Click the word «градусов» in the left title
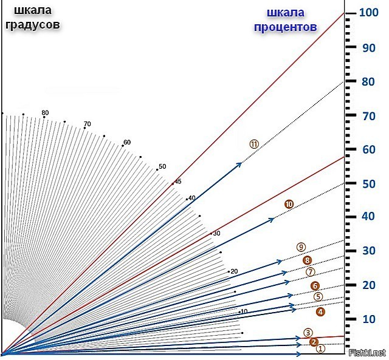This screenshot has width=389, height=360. point(32,25)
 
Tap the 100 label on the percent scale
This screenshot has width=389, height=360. point(369,12)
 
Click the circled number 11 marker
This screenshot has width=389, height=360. point(254,143)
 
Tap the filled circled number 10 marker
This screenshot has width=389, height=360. point(289,204)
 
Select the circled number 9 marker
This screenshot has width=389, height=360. point(300,247)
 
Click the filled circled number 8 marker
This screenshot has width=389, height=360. point(307,260)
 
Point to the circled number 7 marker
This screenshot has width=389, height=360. point(311,272)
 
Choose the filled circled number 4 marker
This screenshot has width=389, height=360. point(320,311)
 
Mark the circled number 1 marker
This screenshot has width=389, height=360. point(322,348)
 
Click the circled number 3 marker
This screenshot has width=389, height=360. point(308,332)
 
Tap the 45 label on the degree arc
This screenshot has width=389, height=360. point(178,181)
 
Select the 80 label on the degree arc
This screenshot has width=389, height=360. point(45,113)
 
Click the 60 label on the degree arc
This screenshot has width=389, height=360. point(127,143)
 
